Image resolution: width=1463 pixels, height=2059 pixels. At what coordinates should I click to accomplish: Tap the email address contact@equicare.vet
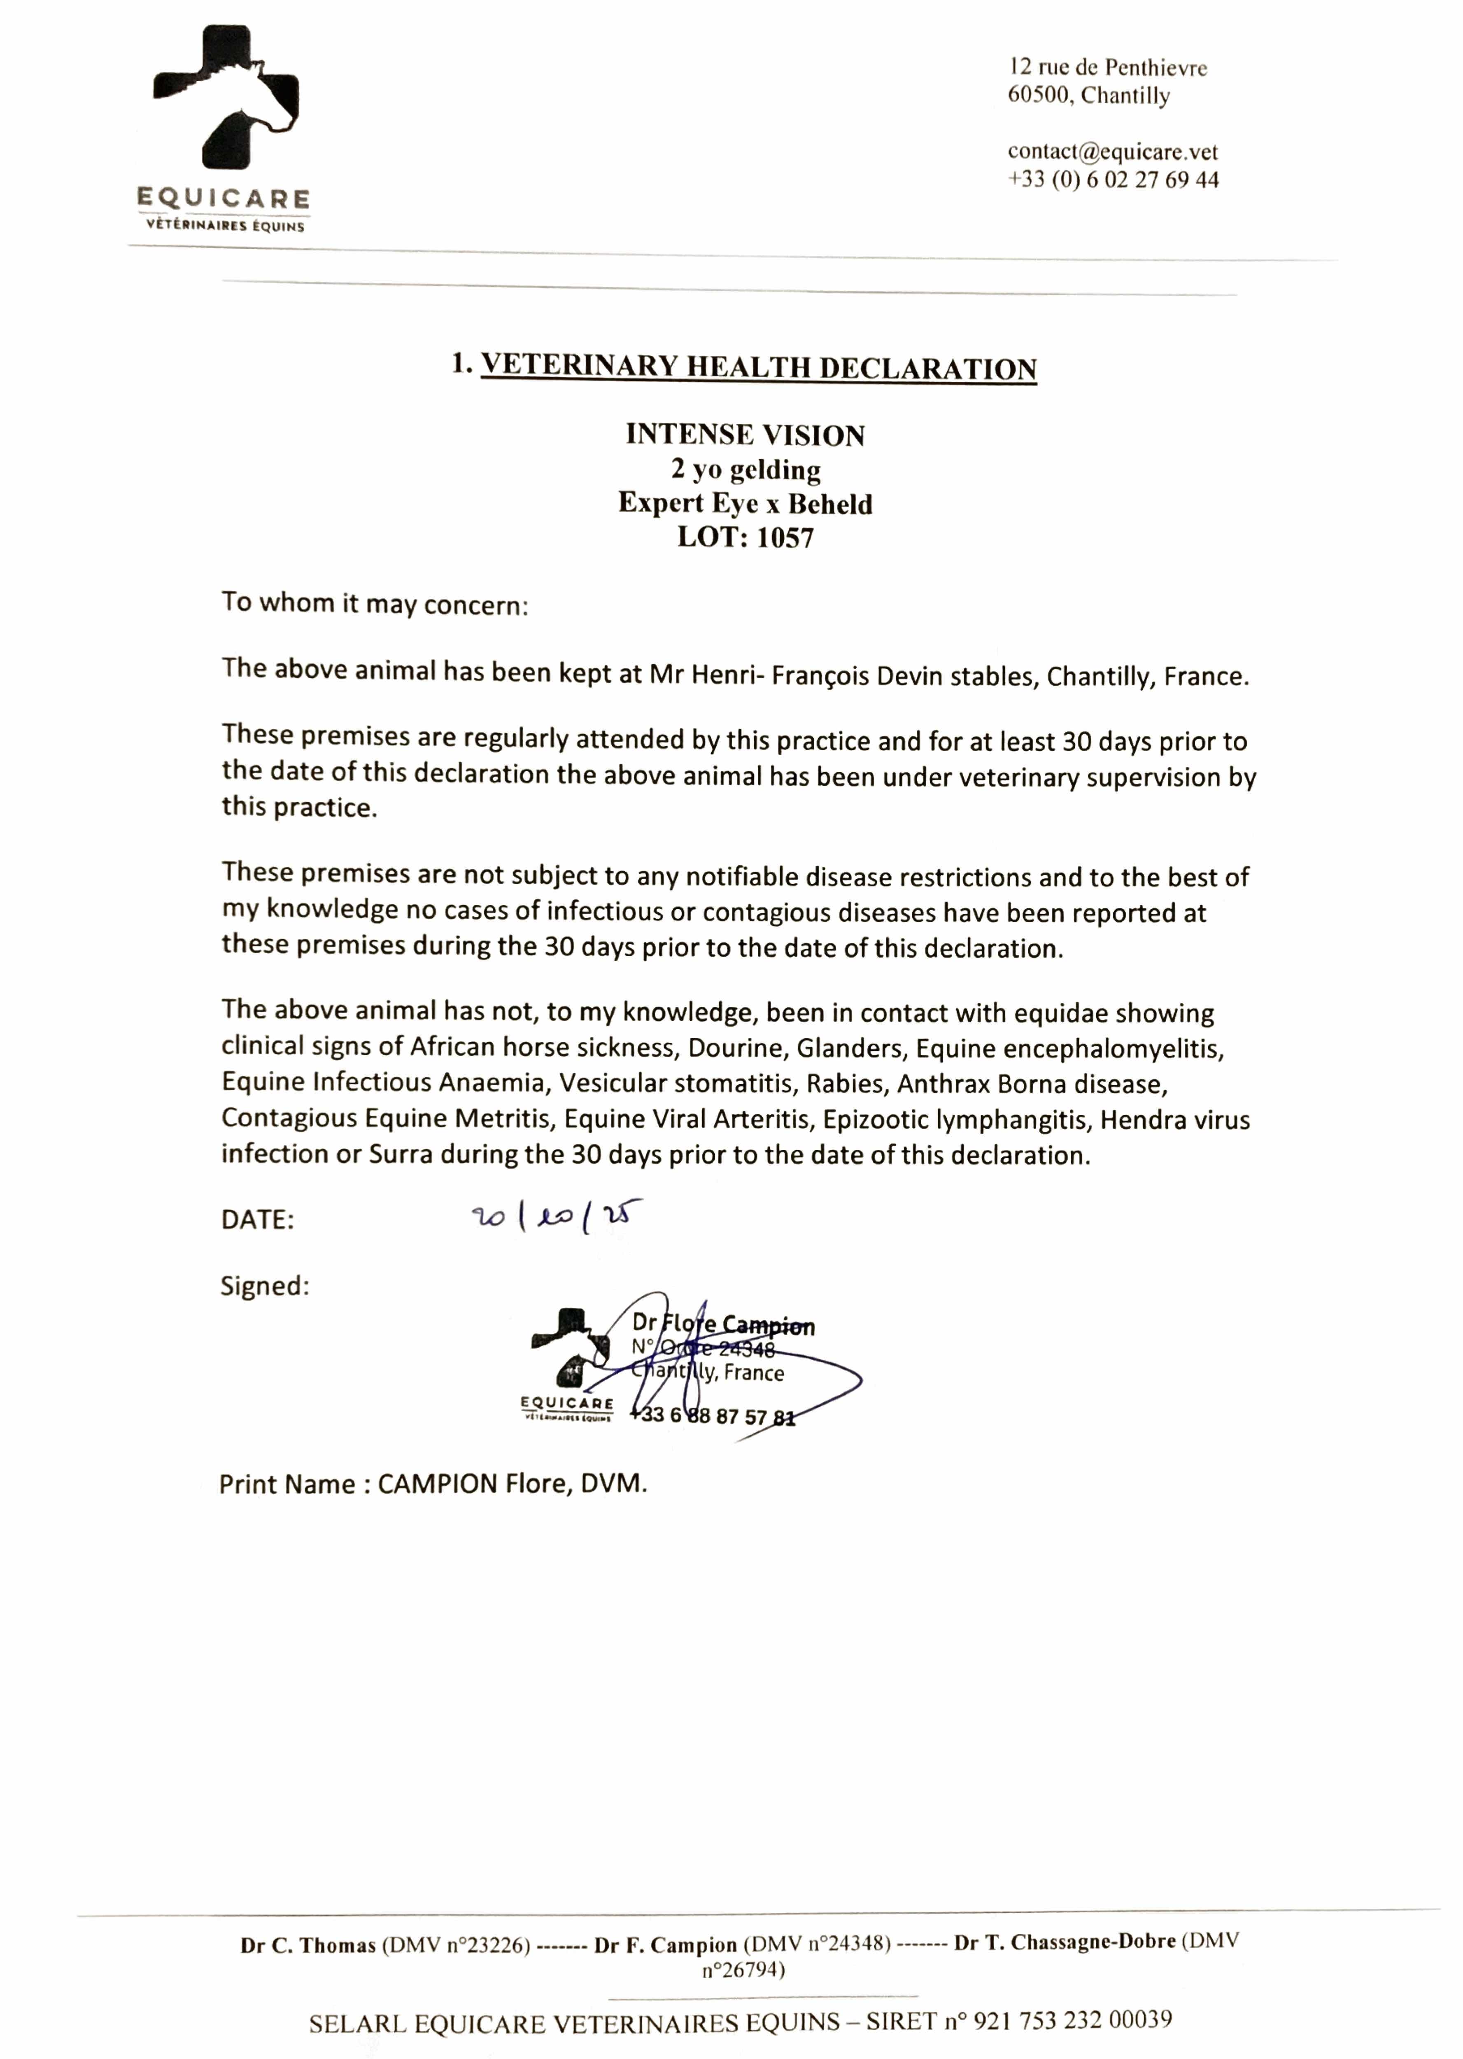click(1113, 152)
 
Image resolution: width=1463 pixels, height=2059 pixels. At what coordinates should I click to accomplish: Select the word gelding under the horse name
click(775, 469)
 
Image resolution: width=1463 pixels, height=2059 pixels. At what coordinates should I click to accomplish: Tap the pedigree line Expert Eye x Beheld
click(745, 504)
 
